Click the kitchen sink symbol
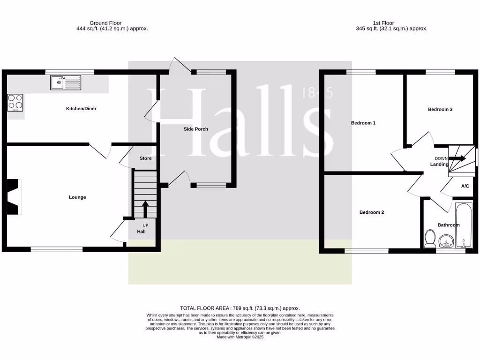[x=66, y=83]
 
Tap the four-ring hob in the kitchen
[x=15, y=102]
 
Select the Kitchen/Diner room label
[x=81, y=109]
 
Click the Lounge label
[x=77, y=197]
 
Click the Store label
[x=145, y=158]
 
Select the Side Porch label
[x=195, y=129]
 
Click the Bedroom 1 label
[x=363, y=123]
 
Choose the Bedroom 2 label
[x=371, y=212]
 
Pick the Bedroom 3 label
[x=440, y=110]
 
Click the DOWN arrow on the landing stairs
[x=458, y=158]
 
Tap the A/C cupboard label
[x=465, y=186]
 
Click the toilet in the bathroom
[x=429, y=239]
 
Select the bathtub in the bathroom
[x=464, y=224]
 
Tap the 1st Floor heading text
[x=383, y=22]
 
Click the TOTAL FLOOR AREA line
[x=240, y=308]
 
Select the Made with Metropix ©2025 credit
[x=240, y=337]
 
